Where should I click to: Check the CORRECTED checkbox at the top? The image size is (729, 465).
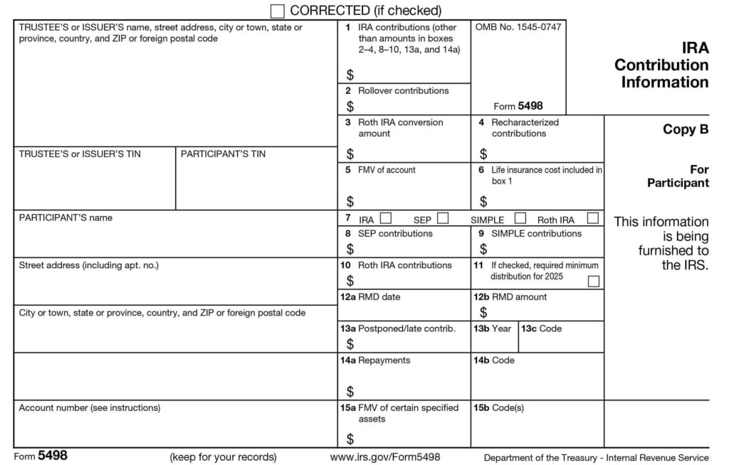278,11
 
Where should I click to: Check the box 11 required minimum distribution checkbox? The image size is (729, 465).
593,282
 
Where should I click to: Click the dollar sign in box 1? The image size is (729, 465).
350,75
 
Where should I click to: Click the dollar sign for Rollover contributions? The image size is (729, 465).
350,107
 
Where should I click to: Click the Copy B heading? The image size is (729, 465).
686,130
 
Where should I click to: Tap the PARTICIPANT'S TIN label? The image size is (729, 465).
223,154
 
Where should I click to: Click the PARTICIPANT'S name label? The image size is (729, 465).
65,218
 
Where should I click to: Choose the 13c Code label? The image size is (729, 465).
542,329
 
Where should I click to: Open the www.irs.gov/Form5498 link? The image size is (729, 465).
385,457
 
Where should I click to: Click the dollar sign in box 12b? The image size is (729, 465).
484,313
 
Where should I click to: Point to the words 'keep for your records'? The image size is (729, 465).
223,457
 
